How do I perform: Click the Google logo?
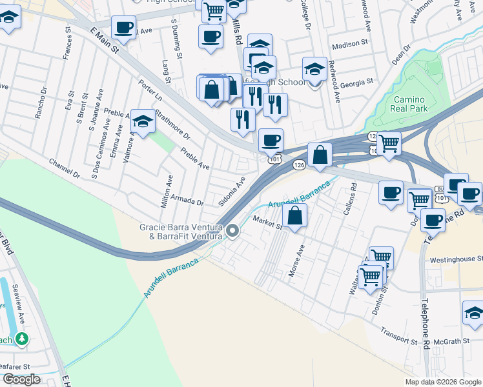pyautogui.click(x=21, y=380)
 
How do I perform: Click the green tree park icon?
pyautogui.click(x=21, y=338)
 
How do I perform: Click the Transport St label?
pyautogui.click(x=399, y=338)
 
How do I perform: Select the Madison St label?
pyautogui.click(x=349, y=46)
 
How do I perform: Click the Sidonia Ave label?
pyautogui.click(x=232, y=191)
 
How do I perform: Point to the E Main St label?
pyautogui.click(x=105, y=41)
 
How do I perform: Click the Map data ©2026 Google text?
pyautogui.click(x=442, y=382)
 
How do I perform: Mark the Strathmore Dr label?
pyautogui.click(x=172, y=126)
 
